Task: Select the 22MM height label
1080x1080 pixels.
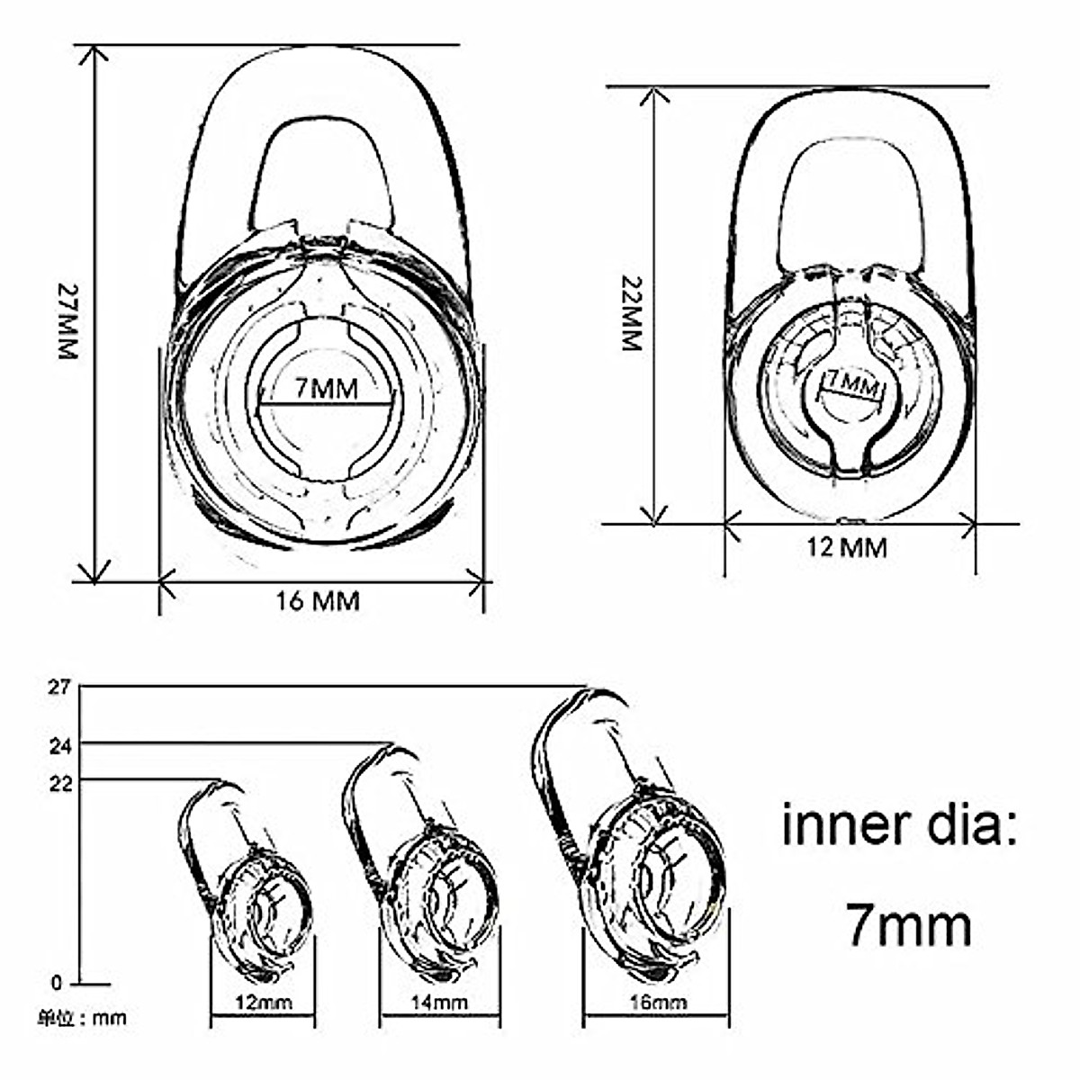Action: coord(632,313)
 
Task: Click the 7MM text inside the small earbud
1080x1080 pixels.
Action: coord(850,384)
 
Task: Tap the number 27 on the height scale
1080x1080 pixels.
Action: coord(59,688)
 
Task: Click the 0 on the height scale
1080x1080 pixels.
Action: coord(58,983)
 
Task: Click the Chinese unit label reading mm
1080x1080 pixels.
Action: coord(82,1019)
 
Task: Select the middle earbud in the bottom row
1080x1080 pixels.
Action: coord(423,864)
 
